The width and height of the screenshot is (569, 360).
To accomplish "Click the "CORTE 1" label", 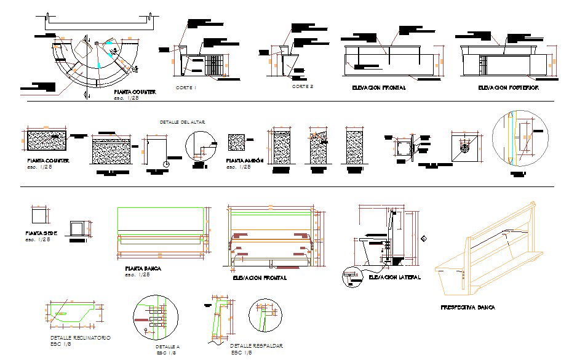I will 186,88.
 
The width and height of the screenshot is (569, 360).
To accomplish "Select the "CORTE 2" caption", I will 303,87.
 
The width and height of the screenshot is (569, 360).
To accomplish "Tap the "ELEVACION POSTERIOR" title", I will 508,88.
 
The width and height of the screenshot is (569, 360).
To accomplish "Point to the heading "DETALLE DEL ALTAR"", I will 182,122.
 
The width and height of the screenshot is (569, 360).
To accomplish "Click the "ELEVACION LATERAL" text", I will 394,278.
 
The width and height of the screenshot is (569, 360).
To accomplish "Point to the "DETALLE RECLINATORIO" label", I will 81,338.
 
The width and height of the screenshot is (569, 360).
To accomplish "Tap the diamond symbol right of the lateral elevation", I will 424,239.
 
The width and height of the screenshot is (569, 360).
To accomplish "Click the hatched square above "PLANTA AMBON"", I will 236,143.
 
